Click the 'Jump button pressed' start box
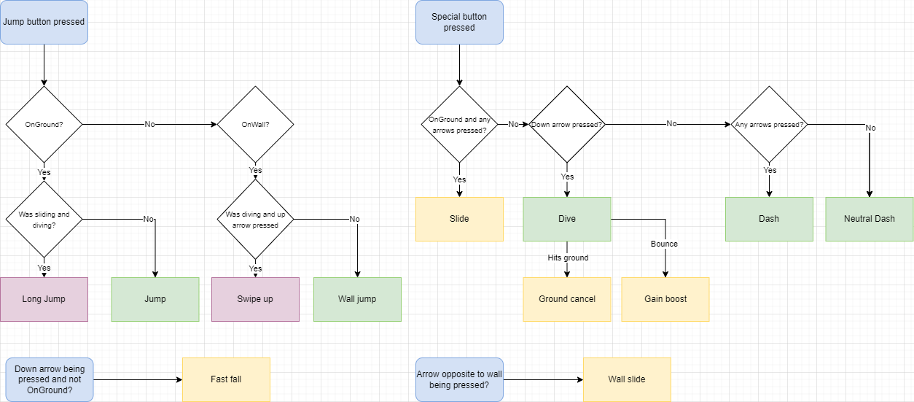[44, 22]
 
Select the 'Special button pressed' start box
[459, 22]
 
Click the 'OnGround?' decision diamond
[44, 125]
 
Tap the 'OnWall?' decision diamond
[255, 125]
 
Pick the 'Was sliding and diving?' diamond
[44, 219]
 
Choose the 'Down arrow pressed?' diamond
[566, 125]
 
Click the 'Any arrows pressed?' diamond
[769, 125]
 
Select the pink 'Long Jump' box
[44, 299]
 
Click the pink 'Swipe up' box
[255, 299]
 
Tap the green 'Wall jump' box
[357, 299]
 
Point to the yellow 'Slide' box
[459, 219]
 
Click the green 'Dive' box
[566, 219]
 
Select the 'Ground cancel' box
[566, 299]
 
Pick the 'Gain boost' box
[665, 299]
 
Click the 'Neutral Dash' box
[869, 219]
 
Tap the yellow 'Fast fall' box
[226, 379]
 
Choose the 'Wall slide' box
[627, 379]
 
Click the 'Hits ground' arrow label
[568, 258]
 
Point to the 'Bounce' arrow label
[664, 244]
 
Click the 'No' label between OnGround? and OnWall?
[149, 125]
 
